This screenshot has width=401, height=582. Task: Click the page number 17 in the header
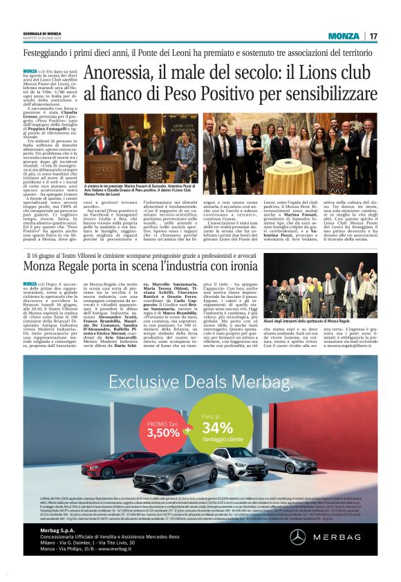click(373, 36)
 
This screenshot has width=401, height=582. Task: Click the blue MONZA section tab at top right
click(343, 36)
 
